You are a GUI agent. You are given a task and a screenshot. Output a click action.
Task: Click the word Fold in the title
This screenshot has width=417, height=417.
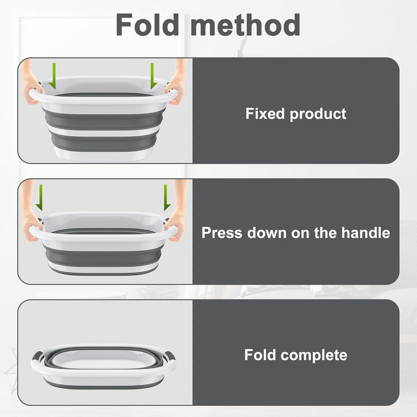coord(147,24)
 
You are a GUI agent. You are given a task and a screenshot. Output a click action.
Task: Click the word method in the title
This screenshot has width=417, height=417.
coord(246,24)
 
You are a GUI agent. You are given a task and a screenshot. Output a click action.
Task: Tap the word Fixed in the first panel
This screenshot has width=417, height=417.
coord(265,114)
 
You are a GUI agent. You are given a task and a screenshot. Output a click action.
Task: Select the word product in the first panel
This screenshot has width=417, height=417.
coord(318,114)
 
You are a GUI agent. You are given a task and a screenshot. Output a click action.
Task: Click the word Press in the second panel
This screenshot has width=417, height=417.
coord(222,233)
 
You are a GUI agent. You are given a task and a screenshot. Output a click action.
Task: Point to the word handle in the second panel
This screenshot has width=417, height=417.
coord(366,233)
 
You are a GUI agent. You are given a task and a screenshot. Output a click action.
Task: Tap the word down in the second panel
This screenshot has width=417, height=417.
coord(266,233)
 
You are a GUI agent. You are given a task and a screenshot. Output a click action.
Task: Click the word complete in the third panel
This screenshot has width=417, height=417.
coord(314,355)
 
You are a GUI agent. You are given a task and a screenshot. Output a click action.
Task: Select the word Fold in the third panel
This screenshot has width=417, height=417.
coord(260,355)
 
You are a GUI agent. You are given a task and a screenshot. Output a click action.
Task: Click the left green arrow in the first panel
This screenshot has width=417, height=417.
coord(53,76)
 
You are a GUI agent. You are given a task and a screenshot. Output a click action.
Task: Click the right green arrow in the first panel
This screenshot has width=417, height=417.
coord(153,76)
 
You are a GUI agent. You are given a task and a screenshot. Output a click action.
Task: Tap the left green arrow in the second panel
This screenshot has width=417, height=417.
coord(40,197)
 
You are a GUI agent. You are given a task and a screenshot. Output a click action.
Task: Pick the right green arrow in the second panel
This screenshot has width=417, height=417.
coord(166,197)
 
